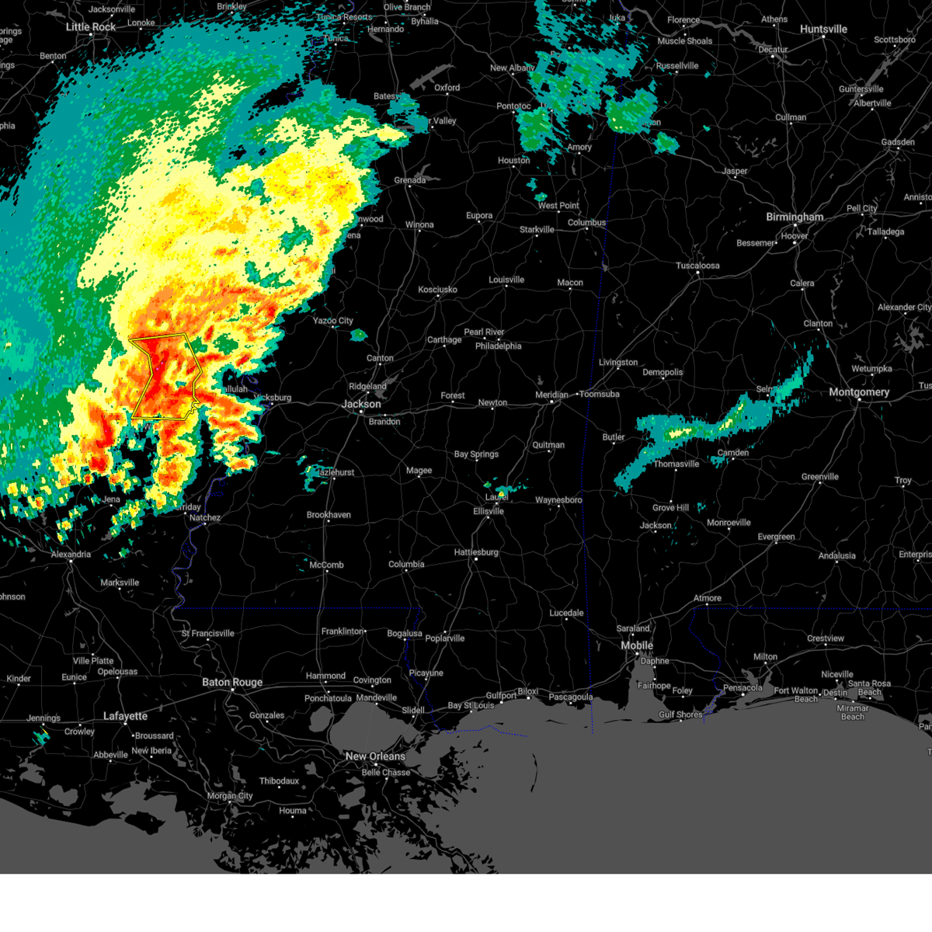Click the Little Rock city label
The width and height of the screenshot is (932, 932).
click(91, 27)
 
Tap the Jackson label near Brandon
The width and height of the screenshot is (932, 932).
click(362, 404)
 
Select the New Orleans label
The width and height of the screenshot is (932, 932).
click(375, 756)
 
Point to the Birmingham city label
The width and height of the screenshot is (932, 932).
click(795, 217)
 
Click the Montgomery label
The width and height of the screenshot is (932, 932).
click(859, 392)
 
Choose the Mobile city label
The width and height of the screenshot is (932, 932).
click(637, 645)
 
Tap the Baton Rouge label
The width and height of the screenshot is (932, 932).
click(232, 683)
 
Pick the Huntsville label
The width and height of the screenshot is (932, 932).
click(823, 30)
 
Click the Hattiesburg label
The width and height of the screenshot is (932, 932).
click(476, 552)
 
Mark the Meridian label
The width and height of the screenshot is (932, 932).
click(551, 395)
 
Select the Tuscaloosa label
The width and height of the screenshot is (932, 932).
click(697, 266)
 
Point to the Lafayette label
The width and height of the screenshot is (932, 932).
click(125, 716)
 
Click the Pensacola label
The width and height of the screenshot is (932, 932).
click(742, 687)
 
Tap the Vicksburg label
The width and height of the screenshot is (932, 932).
click(273, 398)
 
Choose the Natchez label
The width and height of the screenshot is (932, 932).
click(205, 518)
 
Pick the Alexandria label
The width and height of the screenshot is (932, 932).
click(71, 555)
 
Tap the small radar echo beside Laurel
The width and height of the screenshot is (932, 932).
click(503, 492)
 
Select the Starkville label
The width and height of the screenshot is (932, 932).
click(537, 230)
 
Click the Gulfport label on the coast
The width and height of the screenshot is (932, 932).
click(501, 696)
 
